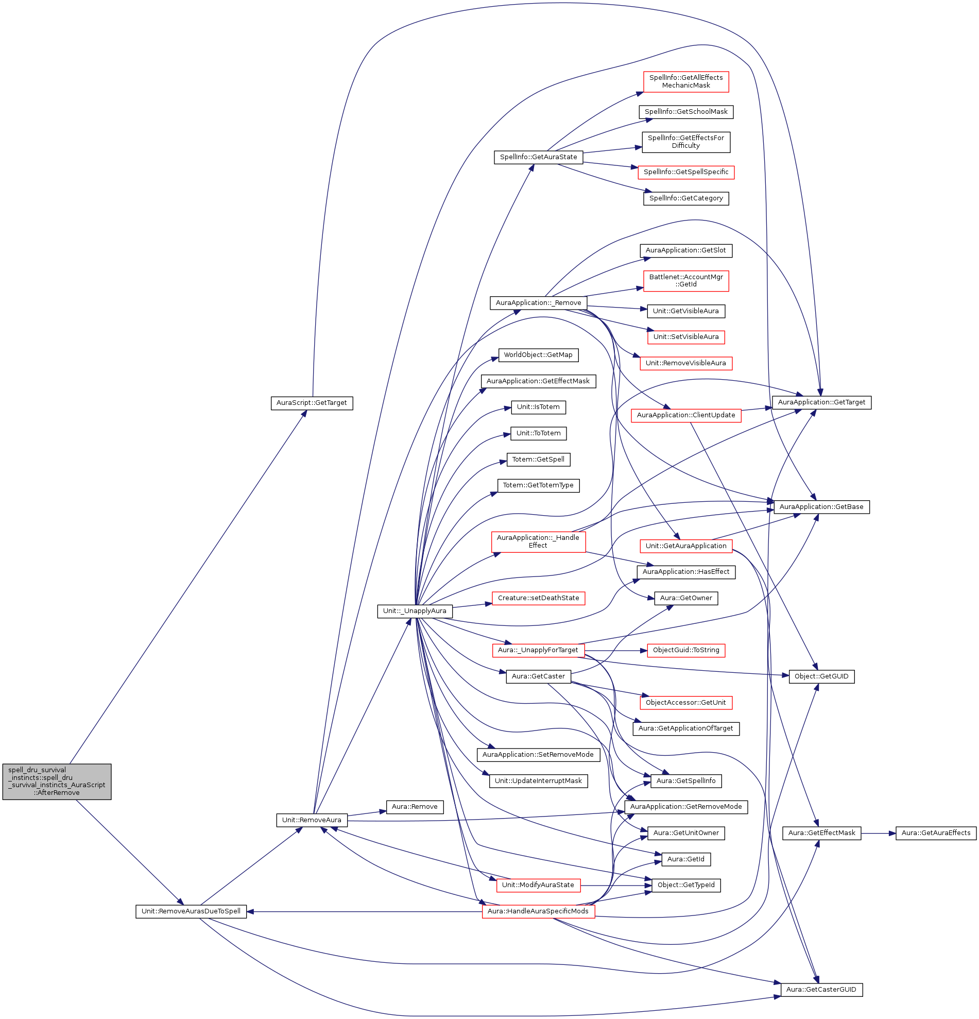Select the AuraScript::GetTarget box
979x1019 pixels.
[x=312, y=402]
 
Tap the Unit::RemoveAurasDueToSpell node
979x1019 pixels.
[x=191, y=911]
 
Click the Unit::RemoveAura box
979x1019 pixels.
[x=311, y=820]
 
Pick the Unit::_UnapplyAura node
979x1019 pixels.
[x=414, y=611]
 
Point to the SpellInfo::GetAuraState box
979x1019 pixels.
[x=538, y=157]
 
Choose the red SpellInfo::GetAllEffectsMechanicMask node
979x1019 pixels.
[x=685, y=81]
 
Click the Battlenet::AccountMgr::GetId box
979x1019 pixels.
[x=685, y=281]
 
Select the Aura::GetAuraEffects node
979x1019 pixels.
[x=935, y=833]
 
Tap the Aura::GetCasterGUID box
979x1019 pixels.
[x=821, y=989]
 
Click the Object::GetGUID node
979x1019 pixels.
[x=821, y=676]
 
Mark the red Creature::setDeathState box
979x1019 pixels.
[x=538, y=598]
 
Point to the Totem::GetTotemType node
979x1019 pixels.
[x=538, y=485]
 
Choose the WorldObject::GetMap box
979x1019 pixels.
[x=538, y=355]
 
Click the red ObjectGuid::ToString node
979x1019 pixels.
[x=685, y=650]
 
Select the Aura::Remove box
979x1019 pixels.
[x=414, y=807]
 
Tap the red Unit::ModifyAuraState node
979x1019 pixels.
[x=538, y=885]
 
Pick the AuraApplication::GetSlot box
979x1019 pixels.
[x=685, y=250]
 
